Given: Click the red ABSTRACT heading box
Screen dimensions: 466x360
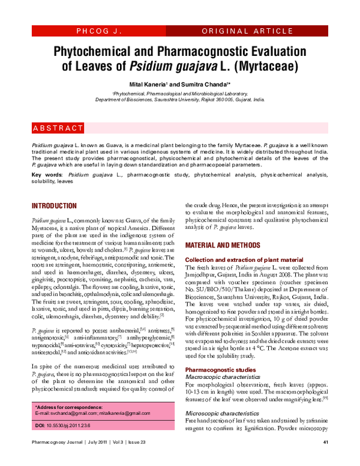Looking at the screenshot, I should (x=58, y=129).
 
